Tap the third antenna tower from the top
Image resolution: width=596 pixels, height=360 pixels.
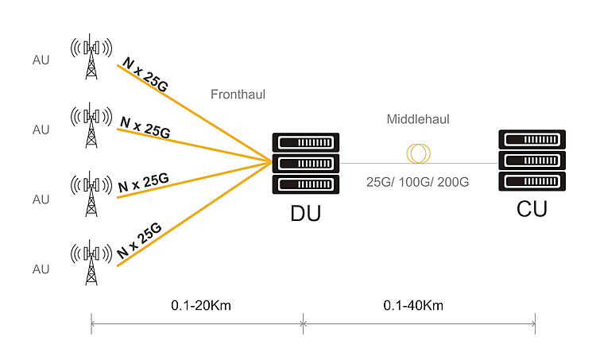click(x=93, y=193)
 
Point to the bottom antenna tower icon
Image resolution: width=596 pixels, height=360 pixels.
click(x=93, y=262)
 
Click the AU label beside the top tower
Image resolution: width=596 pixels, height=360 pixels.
click(x=41, y=60)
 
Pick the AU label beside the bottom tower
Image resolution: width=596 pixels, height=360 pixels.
click(x=41, y=269)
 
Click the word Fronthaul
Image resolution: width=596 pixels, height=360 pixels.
click(x=238, y=95)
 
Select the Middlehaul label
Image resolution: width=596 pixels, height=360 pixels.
click(x=418, y=119)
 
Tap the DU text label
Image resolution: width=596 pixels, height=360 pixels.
click(x=306, y=215)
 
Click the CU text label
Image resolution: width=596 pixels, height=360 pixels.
click(x=532, y=210)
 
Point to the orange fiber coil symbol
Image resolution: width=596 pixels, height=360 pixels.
click(x=418, y=152)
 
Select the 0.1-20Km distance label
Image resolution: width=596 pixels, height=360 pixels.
click(x=200, y=305)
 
